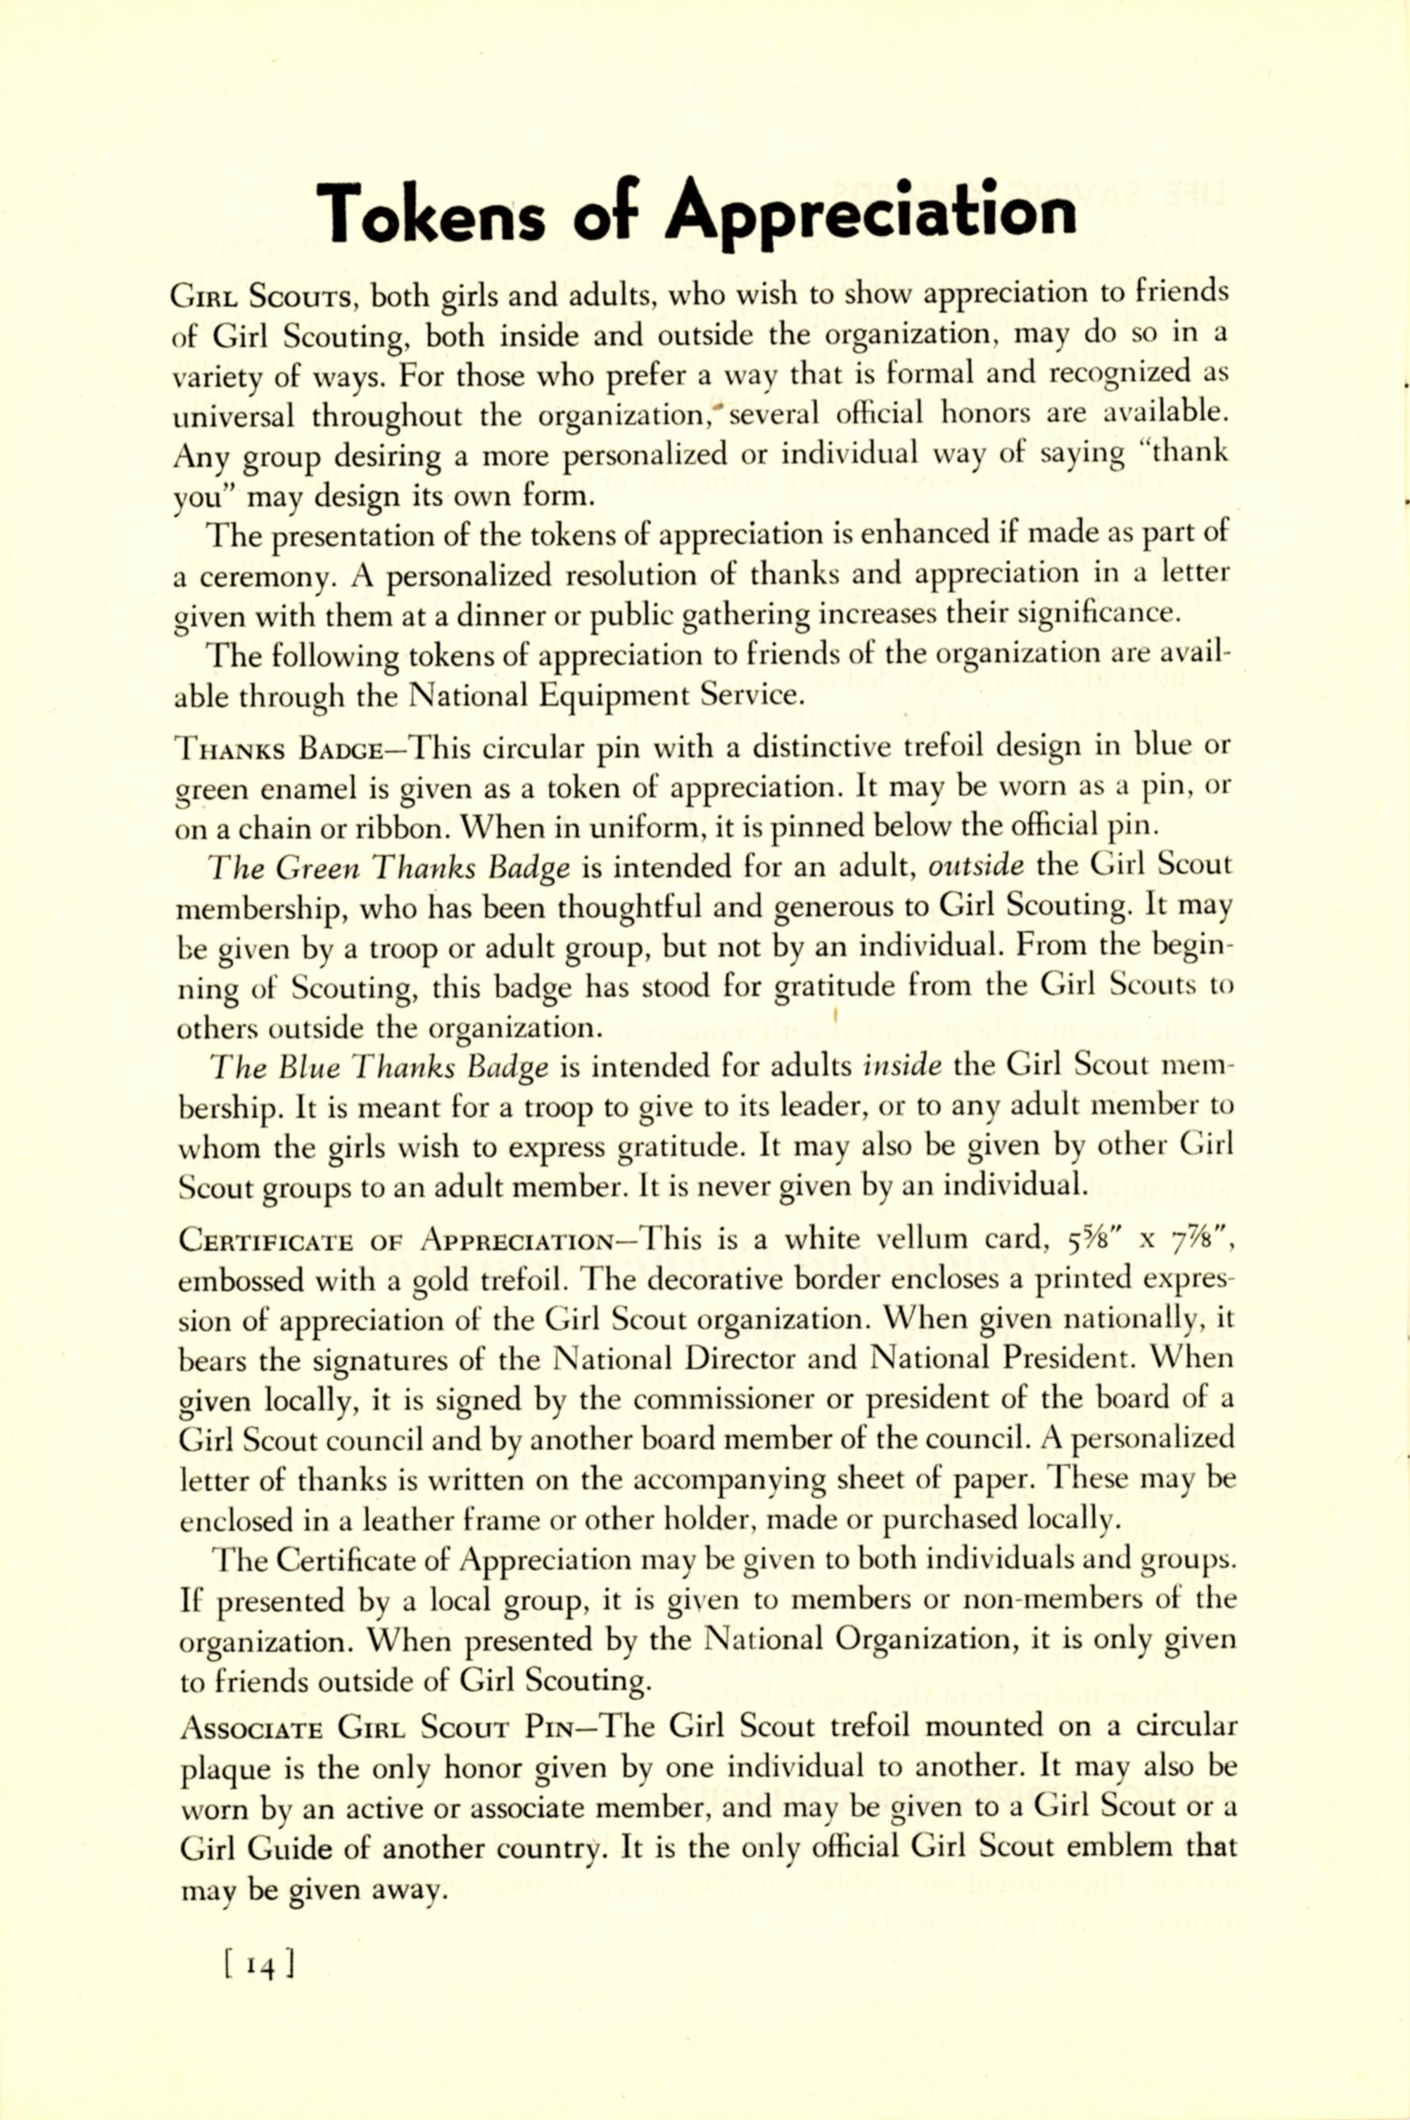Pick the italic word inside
(x=903, y=1066)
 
